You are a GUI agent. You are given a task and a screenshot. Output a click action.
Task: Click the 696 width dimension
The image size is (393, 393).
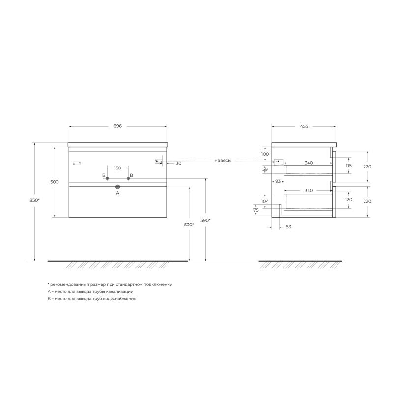(x=117, y=126)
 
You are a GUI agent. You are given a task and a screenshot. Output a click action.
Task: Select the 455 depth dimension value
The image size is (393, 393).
(x=304, y=126)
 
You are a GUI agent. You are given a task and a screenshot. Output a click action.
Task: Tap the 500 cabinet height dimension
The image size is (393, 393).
(x=55, y=182)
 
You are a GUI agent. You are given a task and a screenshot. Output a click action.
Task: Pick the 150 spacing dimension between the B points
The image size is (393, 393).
(x=117, y=168)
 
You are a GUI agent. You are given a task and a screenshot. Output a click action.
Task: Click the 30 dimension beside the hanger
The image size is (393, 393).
(x=178, y=163)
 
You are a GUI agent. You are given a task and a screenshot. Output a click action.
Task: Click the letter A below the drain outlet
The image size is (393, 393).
(x=117, y=193)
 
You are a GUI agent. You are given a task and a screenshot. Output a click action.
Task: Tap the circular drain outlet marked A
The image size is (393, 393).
(x=117, y=187)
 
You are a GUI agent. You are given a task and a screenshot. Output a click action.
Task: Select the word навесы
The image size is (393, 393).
(x=223, y=161)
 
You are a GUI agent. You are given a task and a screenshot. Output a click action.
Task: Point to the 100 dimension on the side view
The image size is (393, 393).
(x=265, y=154)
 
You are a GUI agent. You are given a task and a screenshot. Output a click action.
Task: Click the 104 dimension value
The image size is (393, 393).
(x=265, y=202)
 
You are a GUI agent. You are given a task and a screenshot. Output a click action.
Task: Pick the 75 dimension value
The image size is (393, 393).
(x=256, y=210)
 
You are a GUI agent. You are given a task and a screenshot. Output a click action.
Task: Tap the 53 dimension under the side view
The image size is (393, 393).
(x=288, y=227)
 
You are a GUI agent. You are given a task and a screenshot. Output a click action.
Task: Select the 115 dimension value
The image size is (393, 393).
(x=349, y=166)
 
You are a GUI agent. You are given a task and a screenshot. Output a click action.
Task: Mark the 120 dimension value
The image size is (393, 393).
(x=349, y=200)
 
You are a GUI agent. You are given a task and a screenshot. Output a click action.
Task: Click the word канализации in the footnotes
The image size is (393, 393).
(x=117, y=291)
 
